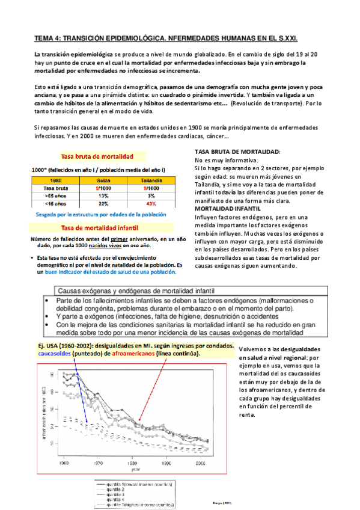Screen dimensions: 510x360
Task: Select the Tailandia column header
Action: click(151, 180)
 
